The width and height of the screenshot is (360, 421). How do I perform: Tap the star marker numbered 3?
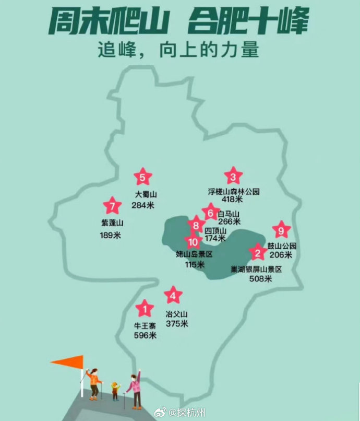233,176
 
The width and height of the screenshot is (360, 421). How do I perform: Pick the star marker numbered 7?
111,206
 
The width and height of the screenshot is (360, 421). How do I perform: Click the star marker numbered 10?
194,242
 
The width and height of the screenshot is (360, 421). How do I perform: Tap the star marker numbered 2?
257,253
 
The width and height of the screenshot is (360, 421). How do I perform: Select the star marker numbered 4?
173,296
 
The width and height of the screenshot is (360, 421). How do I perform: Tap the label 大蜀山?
146,194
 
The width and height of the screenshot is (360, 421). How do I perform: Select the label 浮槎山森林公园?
234,192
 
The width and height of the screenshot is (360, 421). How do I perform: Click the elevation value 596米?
145,336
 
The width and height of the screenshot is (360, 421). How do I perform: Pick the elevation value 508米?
260,279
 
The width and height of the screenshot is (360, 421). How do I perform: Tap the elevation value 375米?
177,324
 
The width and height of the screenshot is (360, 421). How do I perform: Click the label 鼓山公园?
282,246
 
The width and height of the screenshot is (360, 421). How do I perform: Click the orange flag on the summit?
69,361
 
